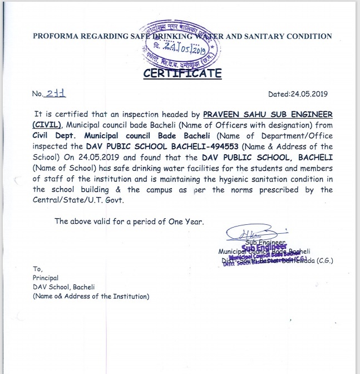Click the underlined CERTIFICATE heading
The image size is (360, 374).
pos(183,73)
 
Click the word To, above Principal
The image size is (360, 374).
pos(38,268)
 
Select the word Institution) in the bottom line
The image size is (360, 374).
pos(129,297)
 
